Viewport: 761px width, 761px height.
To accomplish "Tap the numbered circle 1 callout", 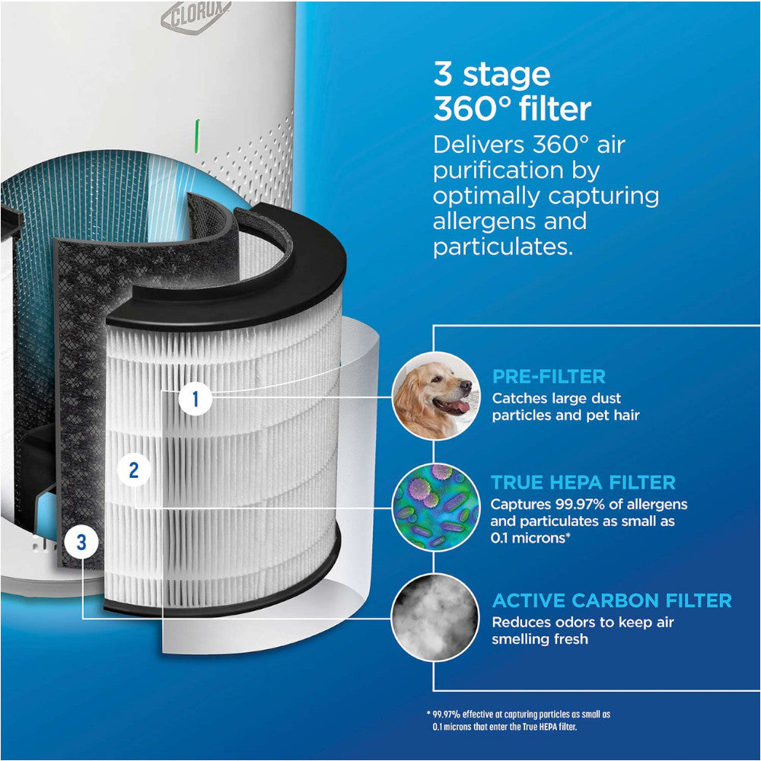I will click(x=196, y=399).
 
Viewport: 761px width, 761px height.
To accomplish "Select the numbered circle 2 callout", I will click(x=134, y=470).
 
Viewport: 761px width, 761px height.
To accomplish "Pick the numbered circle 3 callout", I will click(x=81, y=543).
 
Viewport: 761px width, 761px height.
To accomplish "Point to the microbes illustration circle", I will click(x=435, y=506).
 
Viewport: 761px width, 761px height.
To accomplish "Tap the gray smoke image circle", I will click(x=435, y=616).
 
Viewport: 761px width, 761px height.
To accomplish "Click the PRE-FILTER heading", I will click(x=548, y=376).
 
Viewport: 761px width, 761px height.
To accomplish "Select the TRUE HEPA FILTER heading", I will click(x=583, y=482).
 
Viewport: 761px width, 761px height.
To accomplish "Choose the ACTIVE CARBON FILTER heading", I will click(x=612, y=600).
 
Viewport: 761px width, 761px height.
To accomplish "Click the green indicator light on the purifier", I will click(x=198, y=135).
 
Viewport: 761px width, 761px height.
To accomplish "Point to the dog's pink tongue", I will click(x=460, y=406).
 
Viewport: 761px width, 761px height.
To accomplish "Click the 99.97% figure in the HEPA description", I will click(x=562, y=505).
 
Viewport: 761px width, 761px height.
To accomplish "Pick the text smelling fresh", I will click(x=540, y=639).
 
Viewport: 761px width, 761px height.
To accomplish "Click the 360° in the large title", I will click(x=470, y=110).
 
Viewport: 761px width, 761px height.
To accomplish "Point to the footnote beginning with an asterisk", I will click(x=517, y=721).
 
